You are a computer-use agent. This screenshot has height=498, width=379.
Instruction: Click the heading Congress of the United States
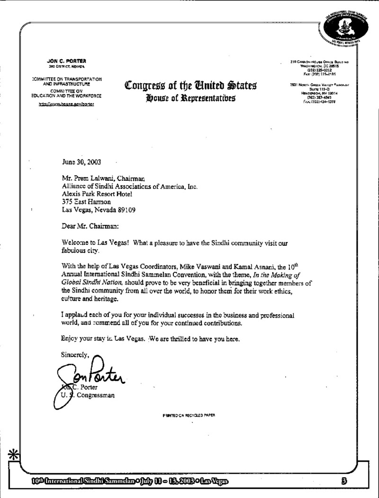tap(190, 87)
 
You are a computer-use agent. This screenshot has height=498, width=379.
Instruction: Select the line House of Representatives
tap(191, 99)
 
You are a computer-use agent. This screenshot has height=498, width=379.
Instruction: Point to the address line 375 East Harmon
tap(89, 202)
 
